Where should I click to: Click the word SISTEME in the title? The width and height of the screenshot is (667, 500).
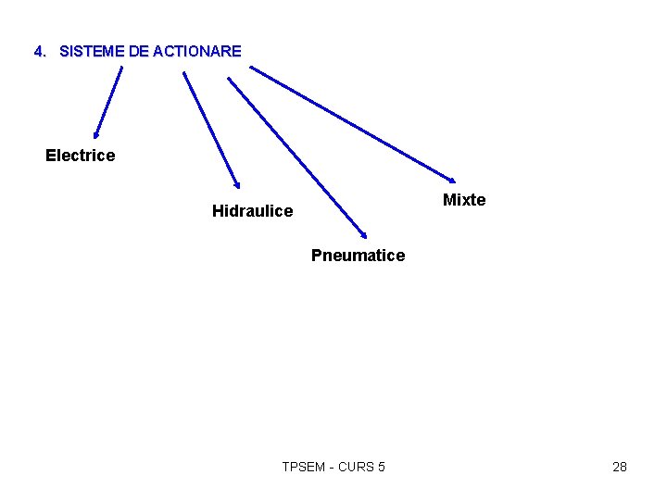click(92, 52)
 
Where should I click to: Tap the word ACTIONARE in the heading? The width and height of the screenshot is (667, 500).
click(197, 52)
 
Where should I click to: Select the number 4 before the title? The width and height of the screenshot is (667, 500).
click(38, 52)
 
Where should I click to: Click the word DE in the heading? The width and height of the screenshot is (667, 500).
click(139, 52)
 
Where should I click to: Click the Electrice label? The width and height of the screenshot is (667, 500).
click(81, 156)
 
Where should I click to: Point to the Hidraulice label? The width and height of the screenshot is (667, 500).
click(252, 211)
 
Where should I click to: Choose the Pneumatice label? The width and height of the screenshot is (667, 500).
click(358, 256)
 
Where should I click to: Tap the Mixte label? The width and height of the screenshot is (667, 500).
click(464, 201)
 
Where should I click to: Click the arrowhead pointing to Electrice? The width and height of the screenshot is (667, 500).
click(95, 133)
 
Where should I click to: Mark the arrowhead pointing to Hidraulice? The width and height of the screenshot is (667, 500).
click(236, 183)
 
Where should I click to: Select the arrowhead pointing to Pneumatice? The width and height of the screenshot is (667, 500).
click(363, 234)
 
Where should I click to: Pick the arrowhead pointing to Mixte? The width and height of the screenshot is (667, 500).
click(451, 179)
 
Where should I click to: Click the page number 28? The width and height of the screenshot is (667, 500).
click(620, 467)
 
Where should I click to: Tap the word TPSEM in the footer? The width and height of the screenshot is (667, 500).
click(303, 467)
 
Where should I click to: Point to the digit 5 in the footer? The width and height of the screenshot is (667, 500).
click(382, 467)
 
